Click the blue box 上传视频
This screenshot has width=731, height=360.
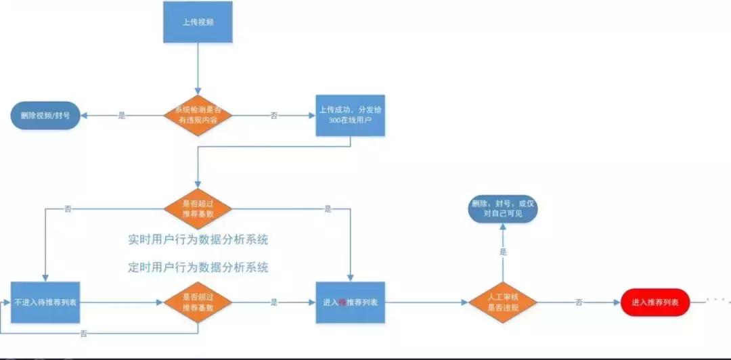tap(198, 22)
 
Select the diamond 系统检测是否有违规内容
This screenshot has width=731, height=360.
tap(198, 115)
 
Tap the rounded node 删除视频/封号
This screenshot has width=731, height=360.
tap(45, 116)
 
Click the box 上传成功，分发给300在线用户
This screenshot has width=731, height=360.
tap(351, 115)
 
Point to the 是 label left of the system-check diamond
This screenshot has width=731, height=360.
tap(122, 116)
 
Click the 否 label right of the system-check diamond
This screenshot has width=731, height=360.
tap(274, 116)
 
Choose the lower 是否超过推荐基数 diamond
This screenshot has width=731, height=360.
tap(198, 302)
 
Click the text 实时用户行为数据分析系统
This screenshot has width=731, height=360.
tap(198, 240)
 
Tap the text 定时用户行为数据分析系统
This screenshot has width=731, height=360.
tap(198, 267)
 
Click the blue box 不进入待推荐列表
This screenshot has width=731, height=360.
tap(45, 302)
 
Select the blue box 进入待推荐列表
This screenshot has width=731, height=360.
tap(351, 302)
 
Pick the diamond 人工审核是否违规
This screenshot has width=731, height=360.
tap(502, 302)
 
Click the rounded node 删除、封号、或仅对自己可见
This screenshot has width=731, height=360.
tap(502, 209)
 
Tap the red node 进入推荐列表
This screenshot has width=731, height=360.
tap(655, 302)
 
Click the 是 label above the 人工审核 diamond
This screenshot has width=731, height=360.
tap(503, 251)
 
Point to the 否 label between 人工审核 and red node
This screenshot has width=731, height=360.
tap(579, 302)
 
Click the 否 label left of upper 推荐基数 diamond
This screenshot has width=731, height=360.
tap(68, 209)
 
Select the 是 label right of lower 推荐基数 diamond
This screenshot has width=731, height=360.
tap(273, 302)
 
